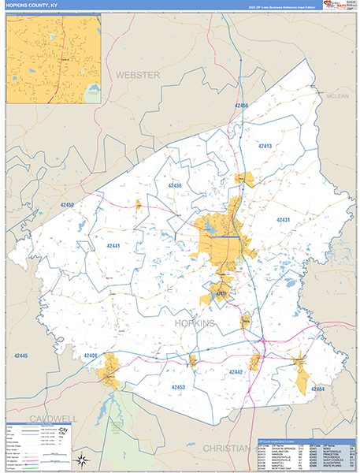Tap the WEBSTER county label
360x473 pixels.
(138, 74)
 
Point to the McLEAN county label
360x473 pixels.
(336, 96)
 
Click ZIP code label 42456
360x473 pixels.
(241, 106)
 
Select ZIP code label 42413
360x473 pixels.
(264, 147)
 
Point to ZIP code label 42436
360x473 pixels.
(174, 185)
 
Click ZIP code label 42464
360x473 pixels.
(317, 389)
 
